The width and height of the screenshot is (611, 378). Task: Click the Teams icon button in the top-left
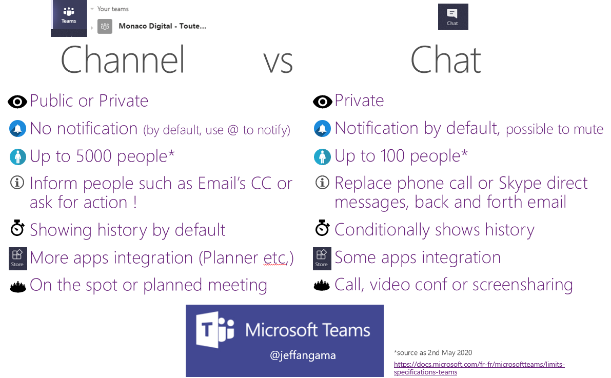69,16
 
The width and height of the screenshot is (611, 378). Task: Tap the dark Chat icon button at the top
453,17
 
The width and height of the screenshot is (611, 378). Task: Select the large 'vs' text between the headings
278,63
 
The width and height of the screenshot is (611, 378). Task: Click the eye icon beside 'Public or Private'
17,102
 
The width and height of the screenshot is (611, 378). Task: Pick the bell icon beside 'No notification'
17,129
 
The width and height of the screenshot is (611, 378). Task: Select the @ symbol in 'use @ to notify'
232,130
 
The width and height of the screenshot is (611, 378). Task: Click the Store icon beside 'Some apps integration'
322,258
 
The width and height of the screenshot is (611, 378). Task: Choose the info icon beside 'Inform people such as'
17,183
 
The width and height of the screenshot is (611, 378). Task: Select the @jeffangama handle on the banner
303,355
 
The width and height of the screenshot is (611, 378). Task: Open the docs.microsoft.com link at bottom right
479,368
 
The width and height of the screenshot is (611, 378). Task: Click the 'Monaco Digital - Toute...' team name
163,26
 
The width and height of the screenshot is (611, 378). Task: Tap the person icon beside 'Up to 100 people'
322,156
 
